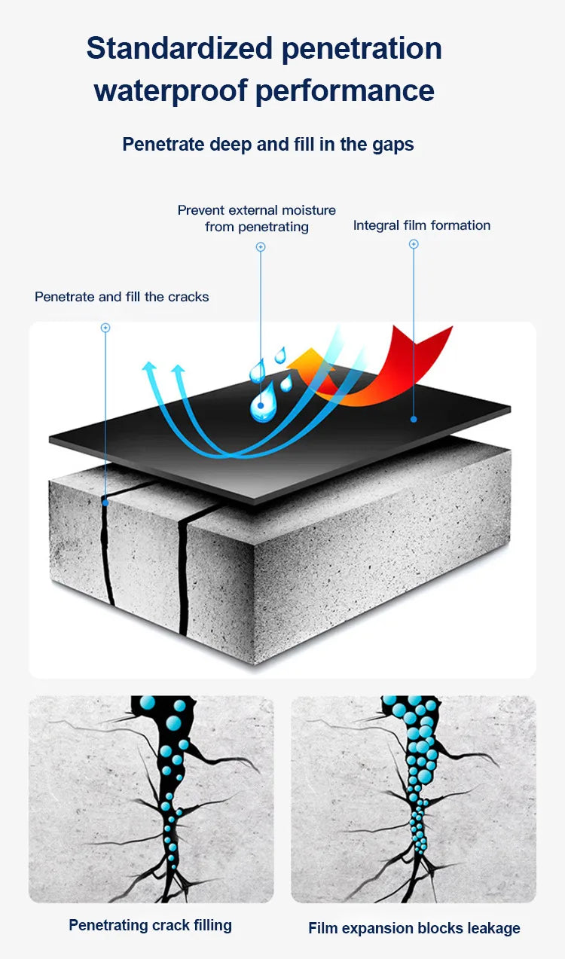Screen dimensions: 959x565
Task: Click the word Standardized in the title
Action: (179, 48)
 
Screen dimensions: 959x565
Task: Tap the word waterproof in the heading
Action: (169, 90)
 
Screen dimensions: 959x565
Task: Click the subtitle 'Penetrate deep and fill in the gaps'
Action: (268, 144)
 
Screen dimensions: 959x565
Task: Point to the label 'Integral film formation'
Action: (421, 225)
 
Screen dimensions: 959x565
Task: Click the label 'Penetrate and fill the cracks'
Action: (122, 297)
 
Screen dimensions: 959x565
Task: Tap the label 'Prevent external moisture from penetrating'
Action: (257, 218)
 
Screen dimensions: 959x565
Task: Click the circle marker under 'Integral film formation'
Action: (414, 244)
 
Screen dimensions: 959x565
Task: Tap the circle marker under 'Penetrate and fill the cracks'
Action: (105, 328)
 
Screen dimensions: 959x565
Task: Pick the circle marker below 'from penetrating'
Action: (261, 246)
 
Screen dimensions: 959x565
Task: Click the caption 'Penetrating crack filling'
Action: (150, 925)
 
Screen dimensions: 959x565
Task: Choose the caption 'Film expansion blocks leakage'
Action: (414, 928)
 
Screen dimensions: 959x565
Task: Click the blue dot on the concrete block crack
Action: (105, 502)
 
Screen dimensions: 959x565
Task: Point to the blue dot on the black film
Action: (414, 418)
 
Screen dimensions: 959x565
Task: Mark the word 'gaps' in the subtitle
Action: (394, 144)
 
